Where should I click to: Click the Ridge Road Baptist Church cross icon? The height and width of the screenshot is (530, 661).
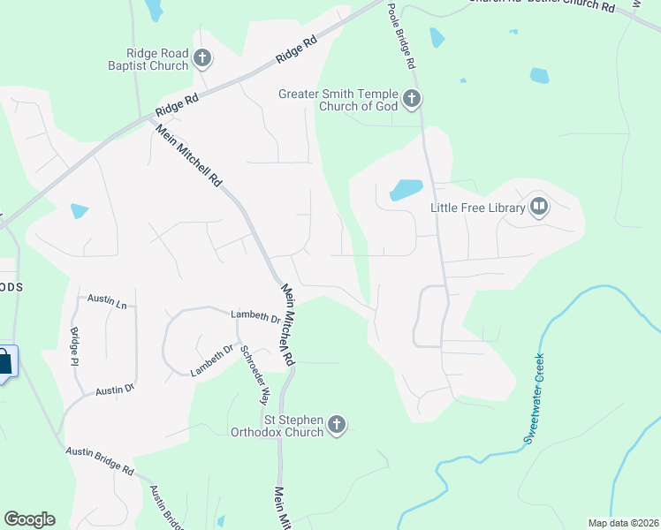[x=202, y=59]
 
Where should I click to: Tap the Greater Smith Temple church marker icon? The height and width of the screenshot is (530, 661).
[x=412, y=100]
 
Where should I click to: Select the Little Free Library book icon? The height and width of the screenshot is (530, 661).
[x=539, y=208]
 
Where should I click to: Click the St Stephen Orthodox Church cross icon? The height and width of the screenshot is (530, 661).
[x=336, y=426]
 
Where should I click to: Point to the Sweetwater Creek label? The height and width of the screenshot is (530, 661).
[x=534, y=398]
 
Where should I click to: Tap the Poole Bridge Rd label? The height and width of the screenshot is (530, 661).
[x=400, y=36]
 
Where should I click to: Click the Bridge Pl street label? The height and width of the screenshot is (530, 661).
[x=74, y=347]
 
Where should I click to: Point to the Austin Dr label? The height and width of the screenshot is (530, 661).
[x=115, y=390]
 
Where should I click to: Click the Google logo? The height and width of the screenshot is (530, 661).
[x=29, y=519]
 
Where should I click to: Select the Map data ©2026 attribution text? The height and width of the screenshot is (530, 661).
[x=623, y=523]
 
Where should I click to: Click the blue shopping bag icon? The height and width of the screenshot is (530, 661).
[x=4, y=361]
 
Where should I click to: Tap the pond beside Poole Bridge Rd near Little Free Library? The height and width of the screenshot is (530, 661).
[x=406, y=190]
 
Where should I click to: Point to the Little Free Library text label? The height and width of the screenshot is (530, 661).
[x=477, y=208]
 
